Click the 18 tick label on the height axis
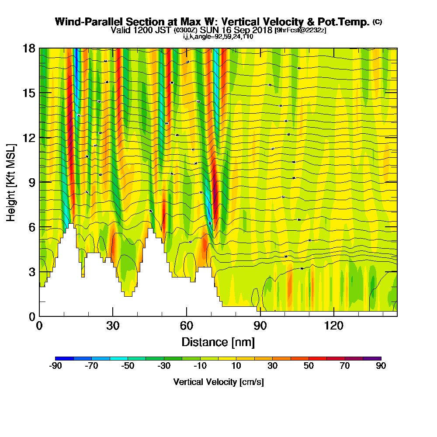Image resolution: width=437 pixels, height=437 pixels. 29,48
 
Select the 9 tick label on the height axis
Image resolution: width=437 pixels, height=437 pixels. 32,183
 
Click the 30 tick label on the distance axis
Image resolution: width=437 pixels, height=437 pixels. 113,326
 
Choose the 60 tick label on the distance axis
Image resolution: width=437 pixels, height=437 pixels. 187,326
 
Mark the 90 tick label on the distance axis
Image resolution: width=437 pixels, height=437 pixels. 260,326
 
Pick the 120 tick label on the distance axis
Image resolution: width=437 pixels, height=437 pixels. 333,326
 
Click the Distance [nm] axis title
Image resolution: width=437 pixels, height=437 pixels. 218,342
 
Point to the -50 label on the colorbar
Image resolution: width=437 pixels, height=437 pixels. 128,366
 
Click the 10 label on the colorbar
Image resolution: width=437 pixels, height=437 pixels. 236,366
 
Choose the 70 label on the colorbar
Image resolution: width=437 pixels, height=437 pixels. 345,366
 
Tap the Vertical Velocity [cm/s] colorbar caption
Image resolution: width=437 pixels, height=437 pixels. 218,382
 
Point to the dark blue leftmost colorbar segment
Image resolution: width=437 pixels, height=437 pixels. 65,358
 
